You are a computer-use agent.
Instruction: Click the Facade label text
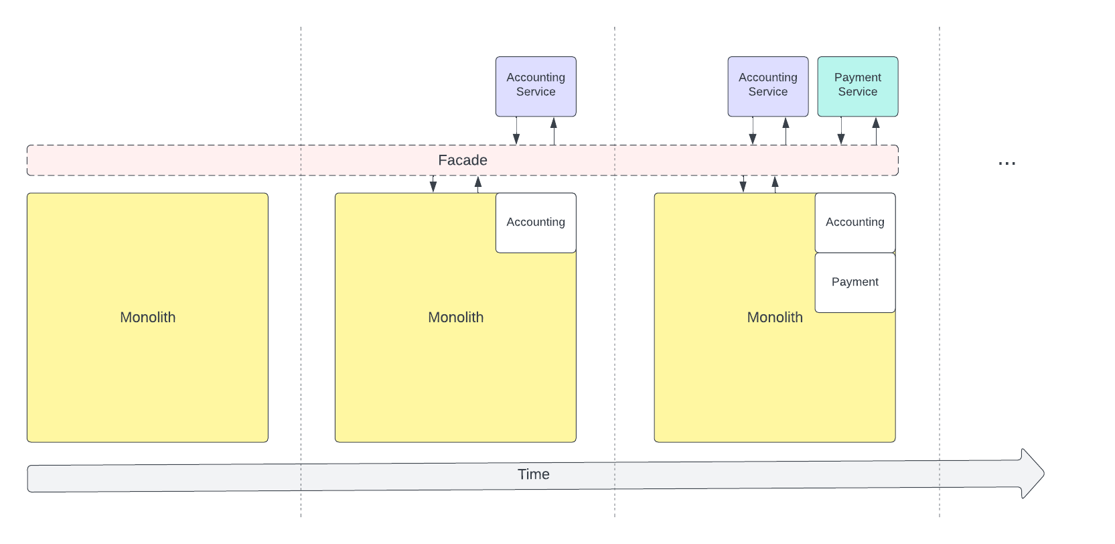[x=462, y=160]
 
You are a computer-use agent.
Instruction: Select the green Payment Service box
[x=857, y=86]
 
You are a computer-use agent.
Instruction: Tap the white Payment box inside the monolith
[x=854, y=282]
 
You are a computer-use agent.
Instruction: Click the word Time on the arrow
[x=533, y=474]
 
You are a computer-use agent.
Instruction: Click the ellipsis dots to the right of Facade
[x=1007, y=163]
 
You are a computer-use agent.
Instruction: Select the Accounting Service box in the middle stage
[x=536, y=86]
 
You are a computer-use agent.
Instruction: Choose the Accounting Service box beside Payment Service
[x=767, y=86]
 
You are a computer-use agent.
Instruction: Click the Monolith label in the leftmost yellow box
[x=147, y=318]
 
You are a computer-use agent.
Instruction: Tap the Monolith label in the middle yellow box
[x=455, y=318]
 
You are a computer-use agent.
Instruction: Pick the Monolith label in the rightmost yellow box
[x=774, y=318]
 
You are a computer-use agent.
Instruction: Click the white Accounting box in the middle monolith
[x=536, y=222]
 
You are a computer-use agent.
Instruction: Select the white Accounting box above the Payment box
[x=854, y=222]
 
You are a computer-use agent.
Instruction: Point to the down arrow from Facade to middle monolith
[x=433, y=184]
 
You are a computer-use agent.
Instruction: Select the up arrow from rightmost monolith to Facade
[x=775, y=184]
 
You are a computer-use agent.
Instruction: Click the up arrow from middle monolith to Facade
[x=478, y=184]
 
